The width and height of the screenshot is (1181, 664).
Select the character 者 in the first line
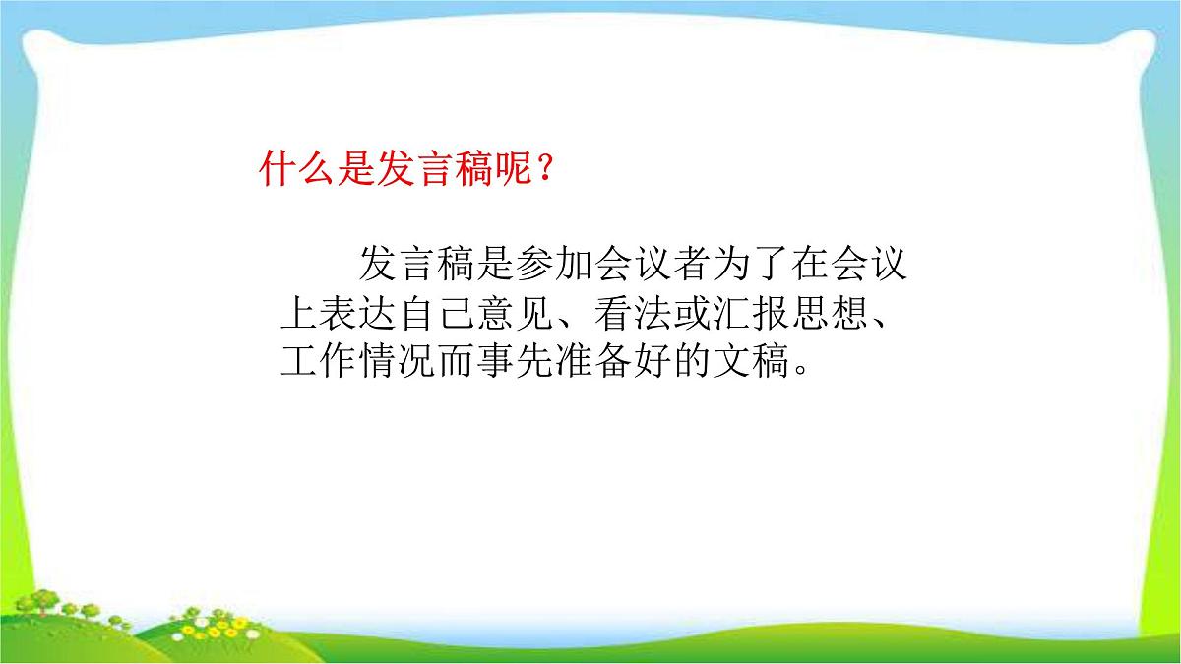coord(679,267)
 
